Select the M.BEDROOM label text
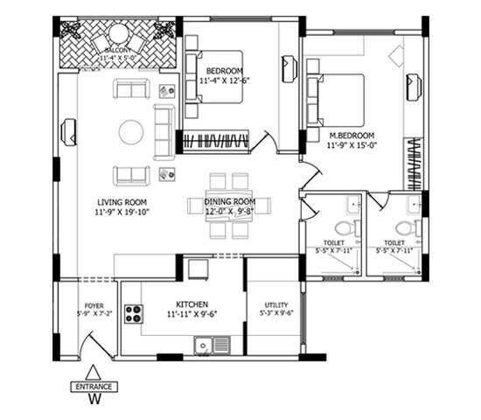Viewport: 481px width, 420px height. (352, 136)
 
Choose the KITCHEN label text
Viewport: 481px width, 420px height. (191, 304)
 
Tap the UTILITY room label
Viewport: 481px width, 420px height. (275, 306)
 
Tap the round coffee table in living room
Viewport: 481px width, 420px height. (132, 132)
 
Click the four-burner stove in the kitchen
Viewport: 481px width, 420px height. (134, 313)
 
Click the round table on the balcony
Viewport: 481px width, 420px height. (119, 39)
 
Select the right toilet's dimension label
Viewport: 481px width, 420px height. (399, 250)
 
